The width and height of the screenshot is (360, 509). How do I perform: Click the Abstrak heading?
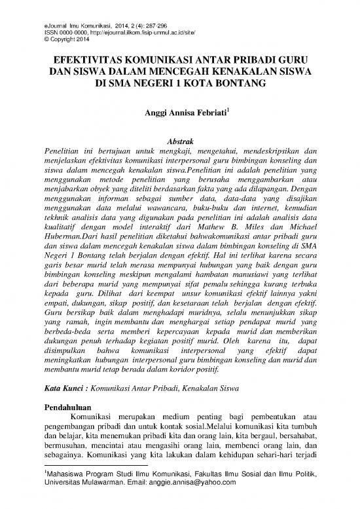[180, 141]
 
